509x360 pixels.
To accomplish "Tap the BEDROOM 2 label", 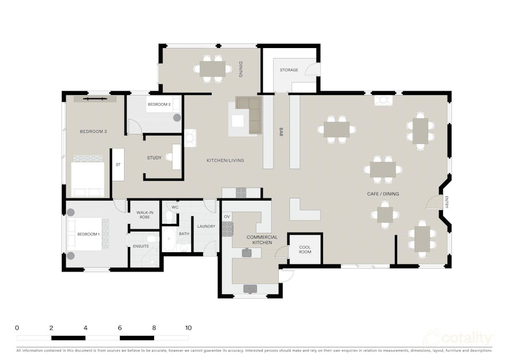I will pos(159,105).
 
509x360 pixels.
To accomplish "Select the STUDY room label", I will pos(154,158).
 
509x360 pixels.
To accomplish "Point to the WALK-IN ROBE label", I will pos(144,215).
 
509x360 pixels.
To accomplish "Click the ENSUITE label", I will pos(141,246).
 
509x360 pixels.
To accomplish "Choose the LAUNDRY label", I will pos(206,227).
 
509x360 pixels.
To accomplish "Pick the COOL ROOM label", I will pos(305,250).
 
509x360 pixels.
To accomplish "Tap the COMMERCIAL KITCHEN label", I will pos(262,240).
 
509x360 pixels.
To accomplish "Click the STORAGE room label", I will pos(289,70).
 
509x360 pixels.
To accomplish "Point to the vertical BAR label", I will pos(281,132).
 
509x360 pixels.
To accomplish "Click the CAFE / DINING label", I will pos(383,194).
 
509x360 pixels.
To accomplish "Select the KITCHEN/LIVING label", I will pos(225,160).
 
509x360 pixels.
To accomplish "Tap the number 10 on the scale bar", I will pos(188,328).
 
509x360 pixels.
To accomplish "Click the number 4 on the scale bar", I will pos(85,328).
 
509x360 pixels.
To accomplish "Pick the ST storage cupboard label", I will pos(118,165).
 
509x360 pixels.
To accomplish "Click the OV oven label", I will pos(227,217).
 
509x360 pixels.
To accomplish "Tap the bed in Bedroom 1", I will pos(85,234).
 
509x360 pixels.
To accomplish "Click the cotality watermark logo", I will pos(459,338).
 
